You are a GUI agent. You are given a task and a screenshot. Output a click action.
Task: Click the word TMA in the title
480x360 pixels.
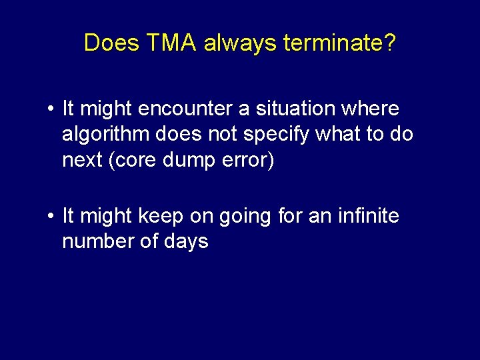pyautogui.click(x=173, y=43)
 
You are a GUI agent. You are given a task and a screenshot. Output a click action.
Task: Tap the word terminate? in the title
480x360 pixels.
pyautogui.click(x=339, y=43)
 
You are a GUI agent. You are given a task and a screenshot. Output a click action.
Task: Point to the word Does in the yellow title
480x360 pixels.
pyautogui.click(x=111, y=43)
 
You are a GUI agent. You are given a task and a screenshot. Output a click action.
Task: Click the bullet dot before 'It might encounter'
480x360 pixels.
pyautogui.click(x=51, y=108)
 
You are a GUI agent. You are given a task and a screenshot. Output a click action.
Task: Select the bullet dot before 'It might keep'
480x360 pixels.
pyautogui.click(x=51, y=216)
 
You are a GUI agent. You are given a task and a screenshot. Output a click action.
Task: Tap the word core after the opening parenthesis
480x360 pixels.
pyautogui.click(x=134, y=161)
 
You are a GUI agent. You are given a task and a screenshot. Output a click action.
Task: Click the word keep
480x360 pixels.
pyautogui.click(x=160, y=217)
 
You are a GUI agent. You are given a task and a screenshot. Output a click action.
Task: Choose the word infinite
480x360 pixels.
pyautogui.click(x=370, y=216)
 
